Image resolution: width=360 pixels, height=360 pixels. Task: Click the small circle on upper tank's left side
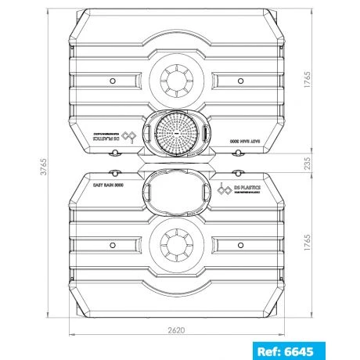(111, 79)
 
